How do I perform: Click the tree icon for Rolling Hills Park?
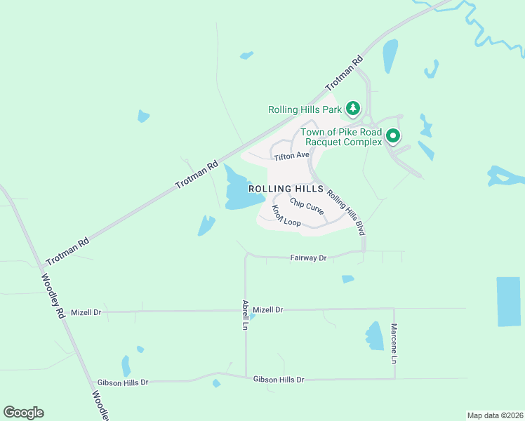[x=354, y=109]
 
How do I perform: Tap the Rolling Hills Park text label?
[x=305, y=109]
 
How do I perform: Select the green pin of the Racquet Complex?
[x=394, y=136]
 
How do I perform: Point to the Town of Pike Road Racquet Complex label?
[x=341, y=137]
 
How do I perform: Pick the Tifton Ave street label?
[x=291, y=155]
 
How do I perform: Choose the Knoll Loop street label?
[x=286, y=217]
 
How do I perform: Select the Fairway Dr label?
[x=309, y=258]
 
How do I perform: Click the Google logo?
[x=23, y=413]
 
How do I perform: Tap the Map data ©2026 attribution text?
[x=495, y=415]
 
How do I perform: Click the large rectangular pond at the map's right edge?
[x=509, y=302]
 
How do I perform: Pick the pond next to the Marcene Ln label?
[x=375, y=336]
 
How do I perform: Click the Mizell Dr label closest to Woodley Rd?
[x=87, y=312]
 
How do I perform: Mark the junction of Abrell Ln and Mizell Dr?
[x=246, y=309]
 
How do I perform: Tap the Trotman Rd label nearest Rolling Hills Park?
[x=344, y=74]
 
